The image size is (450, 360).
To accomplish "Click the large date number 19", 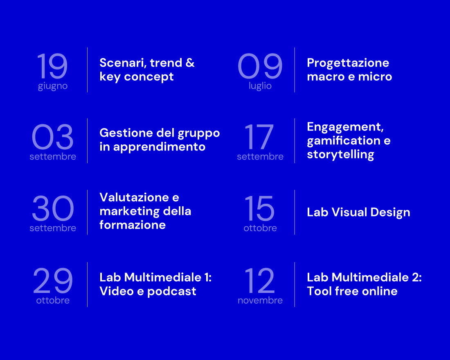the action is pyautogui.click(x=52, y=66).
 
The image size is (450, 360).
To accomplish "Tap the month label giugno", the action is pyautogui.click(x=53, y=86).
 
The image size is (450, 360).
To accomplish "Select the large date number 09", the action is pyautogui.click(x=260, y=66).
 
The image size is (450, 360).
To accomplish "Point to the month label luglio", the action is pyautogui.click(x=260, y=86).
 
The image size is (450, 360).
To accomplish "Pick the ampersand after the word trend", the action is pyautogui.click(x=190, y=63).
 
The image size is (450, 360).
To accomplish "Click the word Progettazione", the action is pyautogui.click(x=348, y=63).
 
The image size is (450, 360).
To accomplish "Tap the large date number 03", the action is pyautogui.click(x=53, y=137).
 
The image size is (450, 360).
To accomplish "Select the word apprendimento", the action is pyautogui.click(x=159, y=147).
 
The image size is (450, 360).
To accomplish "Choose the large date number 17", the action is pyautogui.click(x=259, y=137).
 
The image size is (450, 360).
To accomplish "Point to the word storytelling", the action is pyautogui.click(x=340, y=155).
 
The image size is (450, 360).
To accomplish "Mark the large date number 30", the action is pyautogui.click(x=53, y=208).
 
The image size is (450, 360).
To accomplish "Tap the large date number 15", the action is pyautogui.click(x=259, y=208).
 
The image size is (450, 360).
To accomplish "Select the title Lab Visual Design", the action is pyautogui.click(x=358, y=213).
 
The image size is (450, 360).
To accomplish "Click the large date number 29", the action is pyautogui.click(x=53, y=281).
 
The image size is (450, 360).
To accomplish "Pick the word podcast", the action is pyautogui.click(x=172, y=292).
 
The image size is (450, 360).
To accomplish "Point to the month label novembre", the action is pyautogui.click(x=260, y=301).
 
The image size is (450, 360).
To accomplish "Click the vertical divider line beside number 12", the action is pyautogui.click(x=295, y=284).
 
